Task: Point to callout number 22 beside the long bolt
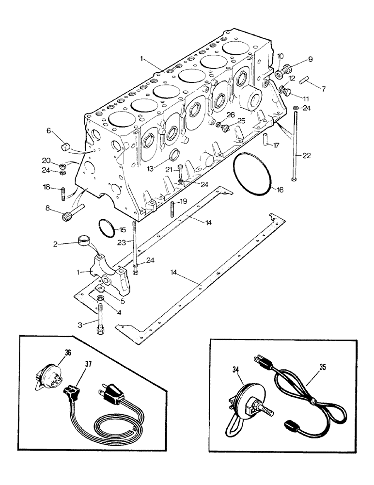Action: pyautogui.click(x=306, y=156)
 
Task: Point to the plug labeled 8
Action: pyautogui.click(x=68, y=214)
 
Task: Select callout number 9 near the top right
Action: pyautogui.click(x=310, y=60)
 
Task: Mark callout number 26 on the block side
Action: pyautogui.click(x=231, y=115)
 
